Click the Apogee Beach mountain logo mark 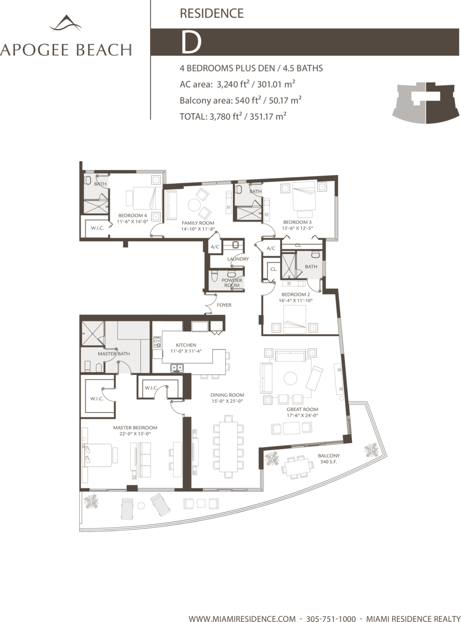(66, 23)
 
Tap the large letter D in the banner (191, 42)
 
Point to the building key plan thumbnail (426, 103)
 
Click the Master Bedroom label (135, 428)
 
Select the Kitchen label (186, 345)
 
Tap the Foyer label (224, 305)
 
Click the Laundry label (238, 259)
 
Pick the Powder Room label (232, 283)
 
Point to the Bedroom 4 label (132, 215)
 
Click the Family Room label (198, 223)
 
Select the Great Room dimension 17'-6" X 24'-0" (302, 415)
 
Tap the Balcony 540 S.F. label (329, 459)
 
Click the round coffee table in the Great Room (290, 379)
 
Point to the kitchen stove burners (157, 342)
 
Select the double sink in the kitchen (177, 367)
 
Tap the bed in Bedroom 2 (295, 319)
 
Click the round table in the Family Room (194, 205)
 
